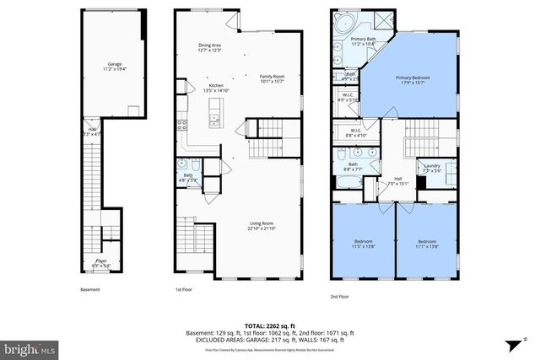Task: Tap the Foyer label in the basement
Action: pyautogui.click(x=100, y=263)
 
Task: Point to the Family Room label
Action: pyautogui.click(x=272, y=78)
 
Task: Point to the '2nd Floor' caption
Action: pyautogui.click(x=340, y=297)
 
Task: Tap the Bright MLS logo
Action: pyautogui.click(x=29, y=346)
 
